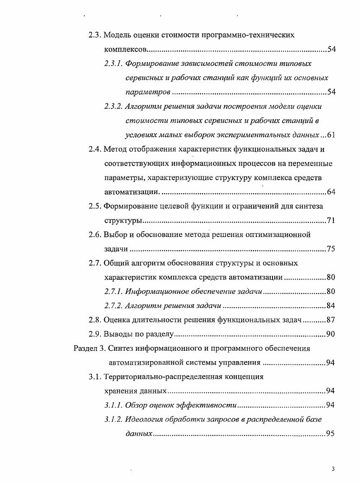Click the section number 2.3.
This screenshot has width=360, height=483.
point(95,35)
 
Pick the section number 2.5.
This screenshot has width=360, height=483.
point(95,206)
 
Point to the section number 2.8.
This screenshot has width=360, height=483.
point(95,320)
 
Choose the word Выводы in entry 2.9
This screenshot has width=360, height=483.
point(118,334)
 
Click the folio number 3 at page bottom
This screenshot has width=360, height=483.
point(333,469)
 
